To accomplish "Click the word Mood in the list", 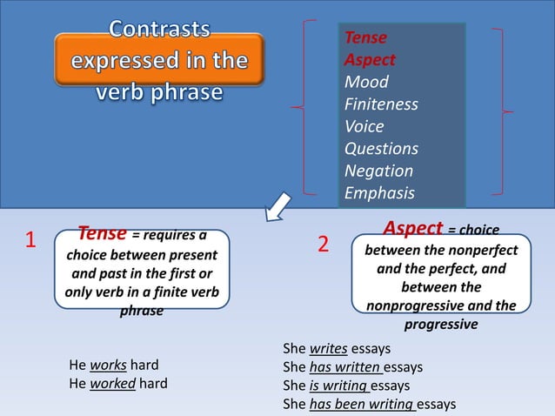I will point(366,83).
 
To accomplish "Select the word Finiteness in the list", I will point(381,104).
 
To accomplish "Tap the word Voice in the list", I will point(364,127).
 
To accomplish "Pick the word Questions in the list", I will point(381,149).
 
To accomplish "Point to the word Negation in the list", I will point(378,171).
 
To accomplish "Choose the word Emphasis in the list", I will point(379,193).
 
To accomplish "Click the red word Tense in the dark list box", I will point(365,38).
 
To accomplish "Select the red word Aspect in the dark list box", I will point(370,60).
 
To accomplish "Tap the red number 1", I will point(30,241).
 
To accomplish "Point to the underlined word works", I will point(108,365).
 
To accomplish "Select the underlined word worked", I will point(112,383).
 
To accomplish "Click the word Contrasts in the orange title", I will point(159,30).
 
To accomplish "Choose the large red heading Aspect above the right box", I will point(413,229).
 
